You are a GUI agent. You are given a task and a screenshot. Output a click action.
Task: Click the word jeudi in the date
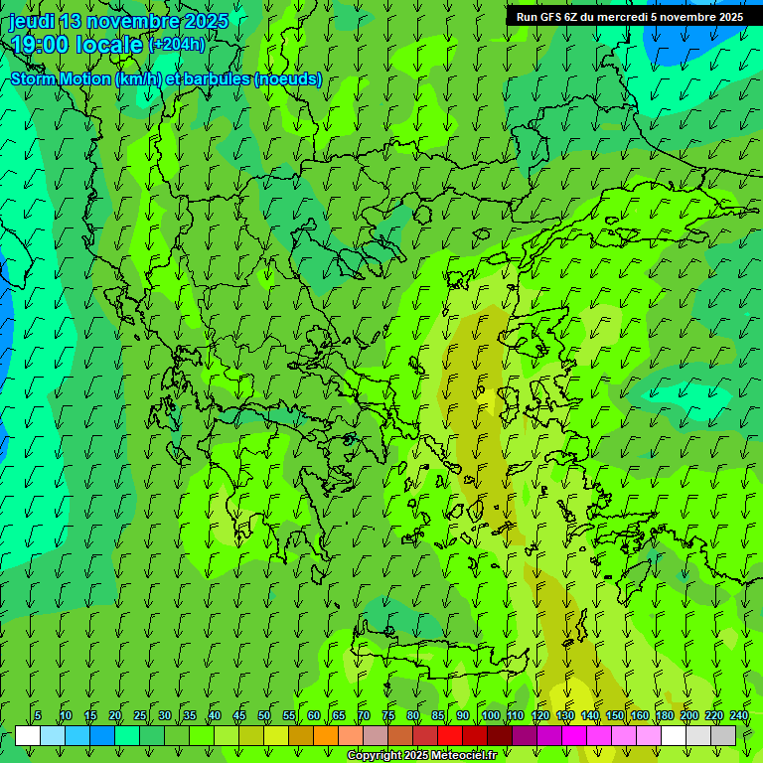point(32,21)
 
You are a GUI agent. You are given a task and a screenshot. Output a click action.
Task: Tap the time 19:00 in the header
point(40,45)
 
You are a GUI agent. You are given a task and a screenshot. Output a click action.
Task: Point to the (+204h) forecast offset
point(177,44)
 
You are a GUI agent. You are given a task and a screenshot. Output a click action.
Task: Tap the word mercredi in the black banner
point(619,17)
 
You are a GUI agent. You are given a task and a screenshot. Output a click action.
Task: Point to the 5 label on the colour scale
point(38,715)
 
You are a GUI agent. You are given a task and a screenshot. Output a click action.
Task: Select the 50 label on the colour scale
point(264,715)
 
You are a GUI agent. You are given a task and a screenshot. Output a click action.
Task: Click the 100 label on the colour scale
point(490,715)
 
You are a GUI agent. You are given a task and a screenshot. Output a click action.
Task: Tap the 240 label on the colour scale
point(739,715)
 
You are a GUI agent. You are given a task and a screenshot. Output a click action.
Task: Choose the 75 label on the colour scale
point(388,715)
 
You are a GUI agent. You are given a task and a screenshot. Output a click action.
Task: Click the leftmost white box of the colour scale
point(28,736)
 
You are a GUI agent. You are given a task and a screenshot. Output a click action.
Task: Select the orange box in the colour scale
point(326,736)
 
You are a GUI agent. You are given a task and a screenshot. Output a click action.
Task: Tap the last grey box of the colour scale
point(723,736)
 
